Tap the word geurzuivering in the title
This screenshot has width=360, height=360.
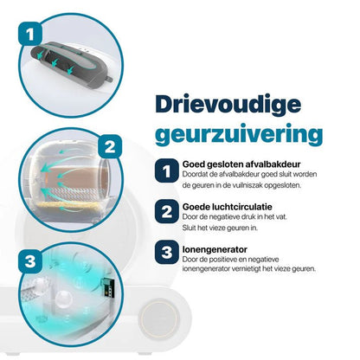pos(239,135)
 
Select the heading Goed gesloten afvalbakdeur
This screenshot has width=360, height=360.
pos(241,164)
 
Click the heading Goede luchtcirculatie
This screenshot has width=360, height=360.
pos(228,207)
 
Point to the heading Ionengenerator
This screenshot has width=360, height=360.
pos(215,249)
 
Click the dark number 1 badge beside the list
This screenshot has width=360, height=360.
pos(166,170)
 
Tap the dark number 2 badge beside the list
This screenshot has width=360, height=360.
pos(166,211)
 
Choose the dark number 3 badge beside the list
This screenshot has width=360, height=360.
pos(166,252)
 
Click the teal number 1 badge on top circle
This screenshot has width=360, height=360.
pos(30,34)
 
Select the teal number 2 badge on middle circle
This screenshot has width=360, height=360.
pos(110,146)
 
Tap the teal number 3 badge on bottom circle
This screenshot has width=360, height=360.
pos(30,261)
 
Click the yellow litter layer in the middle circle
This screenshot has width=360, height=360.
pos(67,205)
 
